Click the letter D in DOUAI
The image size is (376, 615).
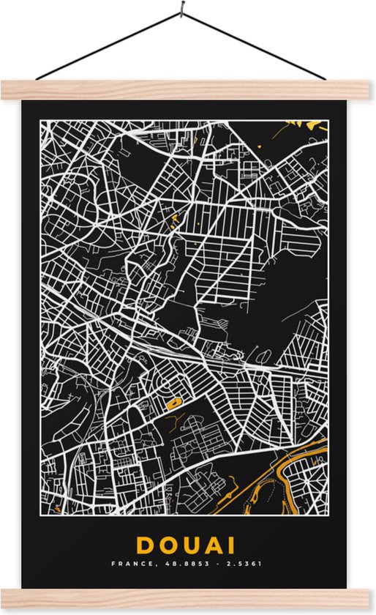[x=143, y=545]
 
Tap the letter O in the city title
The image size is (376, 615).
[x=168, y=545]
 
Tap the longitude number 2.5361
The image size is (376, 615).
[x=245, y=564]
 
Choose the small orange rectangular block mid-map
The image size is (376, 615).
[x=174, y=402]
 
